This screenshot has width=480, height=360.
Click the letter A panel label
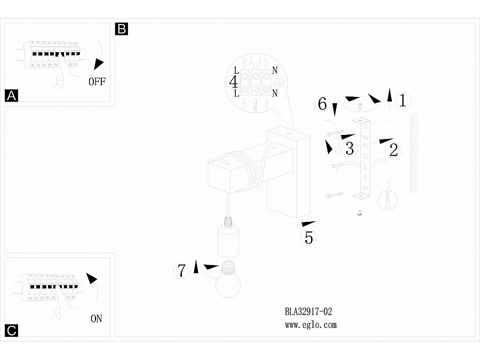pos(11,96)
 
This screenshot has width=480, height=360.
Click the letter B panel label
pos(122,29)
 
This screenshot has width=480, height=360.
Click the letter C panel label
pos(11,331)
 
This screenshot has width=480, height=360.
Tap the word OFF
pos(97,82)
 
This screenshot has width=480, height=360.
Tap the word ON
pos(96,319)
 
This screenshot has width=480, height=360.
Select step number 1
pos(403,100)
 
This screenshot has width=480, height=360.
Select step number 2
pos(394,150)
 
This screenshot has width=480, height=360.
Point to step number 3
pos(349,147)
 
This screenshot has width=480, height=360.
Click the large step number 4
pos(233,82)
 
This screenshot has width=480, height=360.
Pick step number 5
pos(309,237)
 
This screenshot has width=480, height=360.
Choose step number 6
pos(322,104)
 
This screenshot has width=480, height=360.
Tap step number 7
pos(182,271)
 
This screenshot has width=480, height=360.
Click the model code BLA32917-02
pos(309,311)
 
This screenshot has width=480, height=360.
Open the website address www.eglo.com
pos(311,324)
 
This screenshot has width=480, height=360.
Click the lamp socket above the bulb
pos(229,240)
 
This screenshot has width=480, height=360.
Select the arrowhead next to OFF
pos(98,64)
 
